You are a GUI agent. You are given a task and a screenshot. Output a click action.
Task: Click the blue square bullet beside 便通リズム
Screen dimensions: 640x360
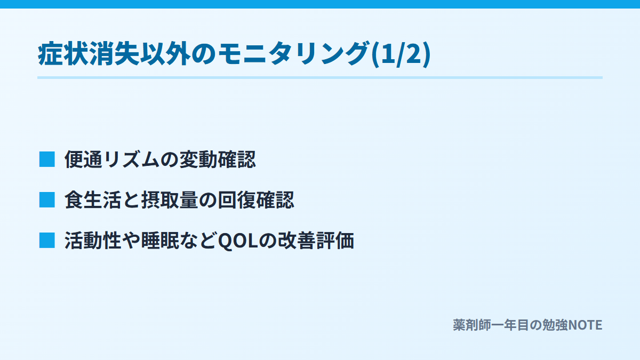click(47, 159)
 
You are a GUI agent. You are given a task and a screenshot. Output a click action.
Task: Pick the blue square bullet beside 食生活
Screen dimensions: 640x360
click(47, 199)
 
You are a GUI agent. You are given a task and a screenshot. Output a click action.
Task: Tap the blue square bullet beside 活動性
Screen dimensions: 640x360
click(47, 241)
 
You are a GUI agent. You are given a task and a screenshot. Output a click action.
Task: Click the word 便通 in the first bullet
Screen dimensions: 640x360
click(83, 159)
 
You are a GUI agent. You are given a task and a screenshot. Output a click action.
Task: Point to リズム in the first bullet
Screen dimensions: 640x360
click(131, 159)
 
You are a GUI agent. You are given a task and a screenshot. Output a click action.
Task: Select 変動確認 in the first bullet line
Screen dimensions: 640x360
click(218, 159)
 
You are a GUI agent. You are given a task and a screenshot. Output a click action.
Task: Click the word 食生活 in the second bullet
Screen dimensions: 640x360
click(93, 199)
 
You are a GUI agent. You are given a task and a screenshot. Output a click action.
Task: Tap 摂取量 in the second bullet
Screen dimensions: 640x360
click(170, 199)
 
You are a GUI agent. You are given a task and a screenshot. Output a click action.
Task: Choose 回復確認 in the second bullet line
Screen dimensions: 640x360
click(256, 199)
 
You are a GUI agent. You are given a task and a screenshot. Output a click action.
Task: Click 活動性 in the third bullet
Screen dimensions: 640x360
click(93, 241)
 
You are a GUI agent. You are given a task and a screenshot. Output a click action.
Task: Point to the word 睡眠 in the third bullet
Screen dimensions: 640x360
click(160, 241)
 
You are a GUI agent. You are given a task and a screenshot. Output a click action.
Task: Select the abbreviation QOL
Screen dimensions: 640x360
click(238, 241)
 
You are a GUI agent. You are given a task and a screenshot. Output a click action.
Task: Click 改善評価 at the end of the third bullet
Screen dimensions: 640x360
click(316, 241)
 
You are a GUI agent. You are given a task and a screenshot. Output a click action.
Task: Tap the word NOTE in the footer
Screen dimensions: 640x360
click(585, 325)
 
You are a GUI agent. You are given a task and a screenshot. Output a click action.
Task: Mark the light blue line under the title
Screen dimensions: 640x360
click(320, 77)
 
